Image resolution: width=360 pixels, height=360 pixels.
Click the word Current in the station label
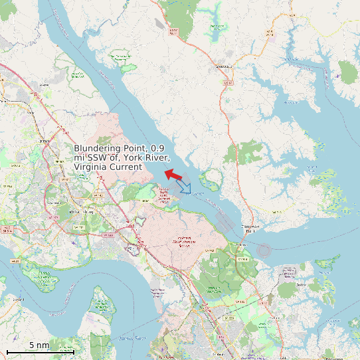tap(128, 167)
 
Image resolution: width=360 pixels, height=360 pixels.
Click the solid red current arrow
tap(173, 175)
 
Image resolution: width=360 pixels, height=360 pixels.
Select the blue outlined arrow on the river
tap(185, 188)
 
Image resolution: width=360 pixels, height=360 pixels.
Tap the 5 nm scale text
tap(39, 345)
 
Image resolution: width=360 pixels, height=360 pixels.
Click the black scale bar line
tap(39, 351)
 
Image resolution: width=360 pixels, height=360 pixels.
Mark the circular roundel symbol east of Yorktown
tap(264, 250)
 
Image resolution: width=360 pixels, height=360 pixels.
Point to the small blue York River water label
tap(210, 200)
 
